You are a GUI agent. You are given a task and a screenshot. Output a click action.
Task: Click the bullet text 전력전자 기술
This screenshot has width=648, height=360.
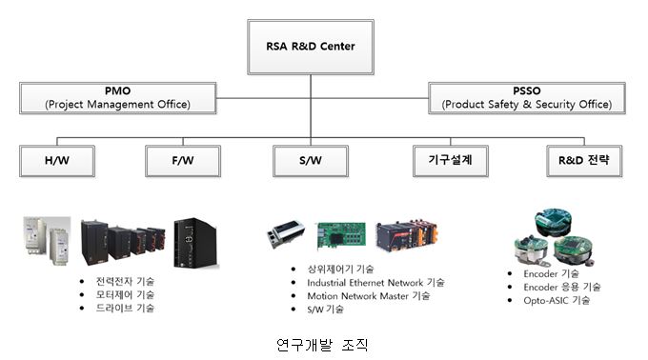pos(118,281)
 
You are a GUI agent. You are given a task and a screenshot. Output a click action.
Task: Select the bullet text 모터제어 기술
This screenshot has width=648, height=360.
pos(118,294)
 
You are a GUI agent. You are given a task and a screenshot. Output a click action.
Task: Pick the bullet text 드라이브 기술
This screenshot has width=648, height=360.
pos(118,308)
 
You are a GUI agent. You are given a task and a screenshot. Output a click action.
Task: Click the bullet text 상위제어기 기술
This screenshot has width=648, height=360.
pos(340,270)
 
